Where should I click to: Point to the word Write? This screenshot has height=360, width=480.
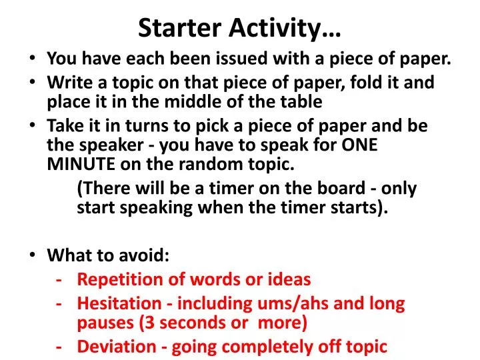coord(65,83)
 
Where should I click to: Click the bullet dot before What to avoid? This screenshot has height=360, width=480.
coord(35,255)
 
